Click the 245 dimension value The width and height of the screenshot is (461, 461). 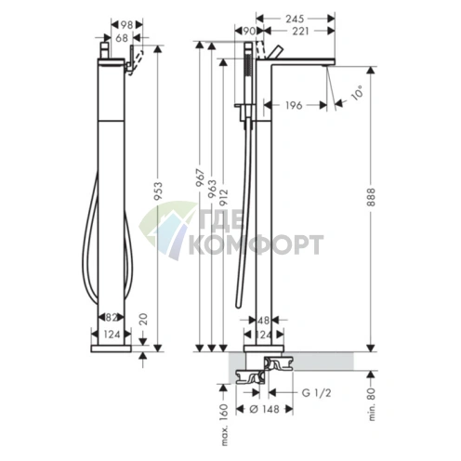point(295,19)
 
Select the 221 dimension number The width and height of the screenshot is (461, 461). point(300,31)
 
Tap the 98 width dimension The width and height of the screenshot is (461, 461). point(126,25)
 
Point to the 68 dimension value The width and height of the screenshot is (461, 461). point(122,38)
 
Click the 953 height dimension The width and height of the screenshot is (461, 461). point(158,191)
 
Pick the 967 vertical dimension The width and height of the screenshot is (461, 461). point(201,178)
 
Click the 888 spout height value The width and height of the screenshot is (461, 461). point(371,197)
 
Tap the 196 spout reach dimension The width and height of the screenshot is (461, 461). point(294,105)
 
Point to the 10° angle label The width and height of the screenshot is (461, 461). point(357,92)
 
